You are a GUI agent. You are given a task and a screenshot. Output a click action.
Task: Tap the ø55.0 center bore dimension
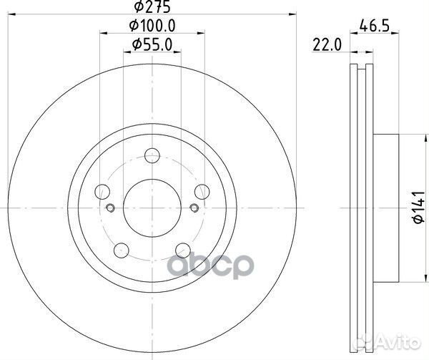(152, 46)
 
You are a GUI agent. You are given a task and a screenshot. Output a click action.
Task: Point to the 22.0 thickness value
(324, 46)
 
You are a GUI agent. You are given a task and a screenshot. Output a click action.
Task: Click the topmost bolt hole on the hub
(152, 155)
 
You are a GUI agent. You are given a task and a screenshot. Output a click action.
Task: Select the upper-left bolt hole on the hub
(103, 191)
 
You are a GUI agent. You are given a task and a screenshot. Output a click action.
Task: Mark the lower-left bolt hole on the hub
(122, 250)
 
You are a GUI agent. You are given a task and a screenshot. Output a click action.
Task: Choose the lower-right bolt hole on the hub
(183, 250)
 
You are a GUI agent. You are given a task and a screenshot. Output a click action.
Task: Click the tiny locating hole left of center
(110, 208)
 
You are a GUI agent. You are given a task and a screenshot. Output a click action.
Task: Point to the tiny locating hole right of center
(194, 208)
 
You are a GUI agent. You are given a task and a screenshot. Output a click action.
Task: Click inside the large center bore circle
(152, 208)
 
